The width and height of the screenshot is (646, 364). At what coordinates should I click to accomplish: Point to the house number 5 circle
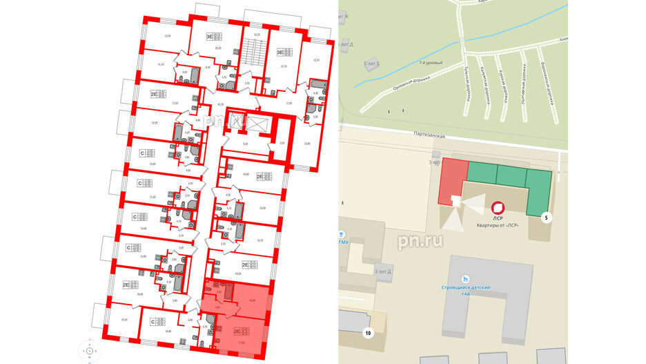click(x=547, y=219)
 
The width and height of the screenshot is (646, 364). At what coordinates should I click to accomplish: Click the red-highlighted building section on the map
click(x=452, y=180)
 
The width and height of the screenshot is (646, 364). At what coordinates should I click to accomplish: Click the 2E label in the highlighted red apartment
click(x=236, y=330)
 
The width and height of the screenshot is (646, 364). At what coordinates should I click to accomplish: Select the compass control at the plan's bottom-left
click(x=90, y=351)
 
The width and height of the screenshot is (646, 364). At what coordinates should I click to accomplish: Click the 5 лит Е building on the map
click(x=371, y=64)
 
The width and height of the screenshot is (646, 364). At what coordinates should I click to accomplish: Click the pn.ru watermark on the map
click(x=420, y=240)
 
